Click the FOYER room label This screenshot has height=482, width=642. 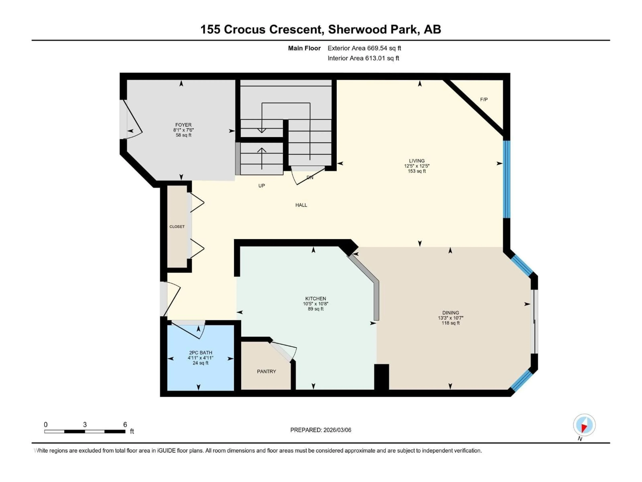(183, 125)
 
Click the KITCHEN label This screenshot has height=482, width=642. (315, 298)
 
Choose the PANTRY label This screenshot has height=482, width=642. (266, 371)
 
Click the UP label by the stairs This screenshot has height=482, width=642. (261, 186)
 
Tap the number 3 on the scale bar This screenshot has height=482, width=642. (85, 424)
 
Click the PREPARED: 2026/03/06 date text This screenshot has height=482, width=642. (320, 430)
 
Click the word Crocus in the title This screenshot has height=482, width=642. (244, 29)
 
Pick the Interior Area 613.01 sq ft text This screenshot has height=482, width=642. (363, 58)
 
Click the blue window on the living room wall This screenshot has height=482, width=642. (506, 179)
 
